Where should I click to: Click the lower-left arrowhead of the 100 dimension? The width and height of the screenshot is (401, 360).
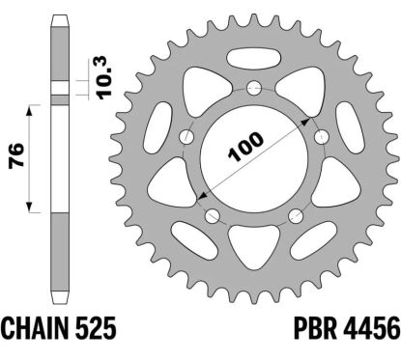click(205, 196)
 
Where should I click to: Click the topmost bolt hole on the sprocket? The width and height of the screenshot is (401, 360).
click(254, 90)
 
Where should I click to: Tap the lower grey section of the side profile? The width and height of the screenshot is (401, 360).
click(60, 251)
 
